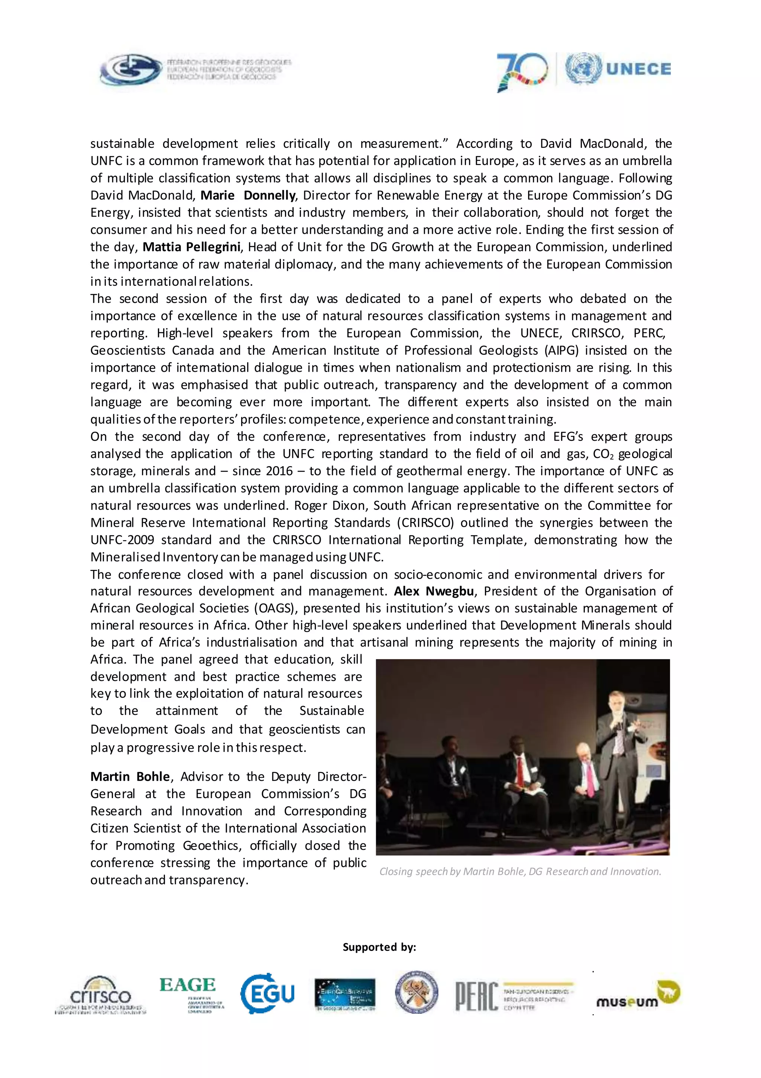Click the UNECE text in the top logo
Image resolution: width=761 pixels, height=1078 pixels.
(638, 69)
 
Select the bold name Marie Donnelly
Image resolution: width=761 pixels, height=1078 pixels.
(248, 195)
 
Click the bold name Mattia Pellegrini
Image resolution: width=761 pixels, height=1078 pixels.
(191, 247)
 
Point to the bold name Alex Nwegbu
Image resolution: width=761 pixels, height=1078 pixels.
(434, 591)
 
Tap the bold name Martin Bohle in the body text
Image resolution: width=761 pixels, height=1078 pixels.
(130, 777)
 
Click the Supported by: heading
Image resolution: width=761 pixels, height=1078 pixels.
(379, 947)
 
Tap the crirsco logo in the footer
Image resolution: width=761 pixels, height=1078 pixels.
(100, 994)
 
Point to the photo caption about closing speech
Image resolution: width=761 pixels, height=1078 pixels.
(520, 871)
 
